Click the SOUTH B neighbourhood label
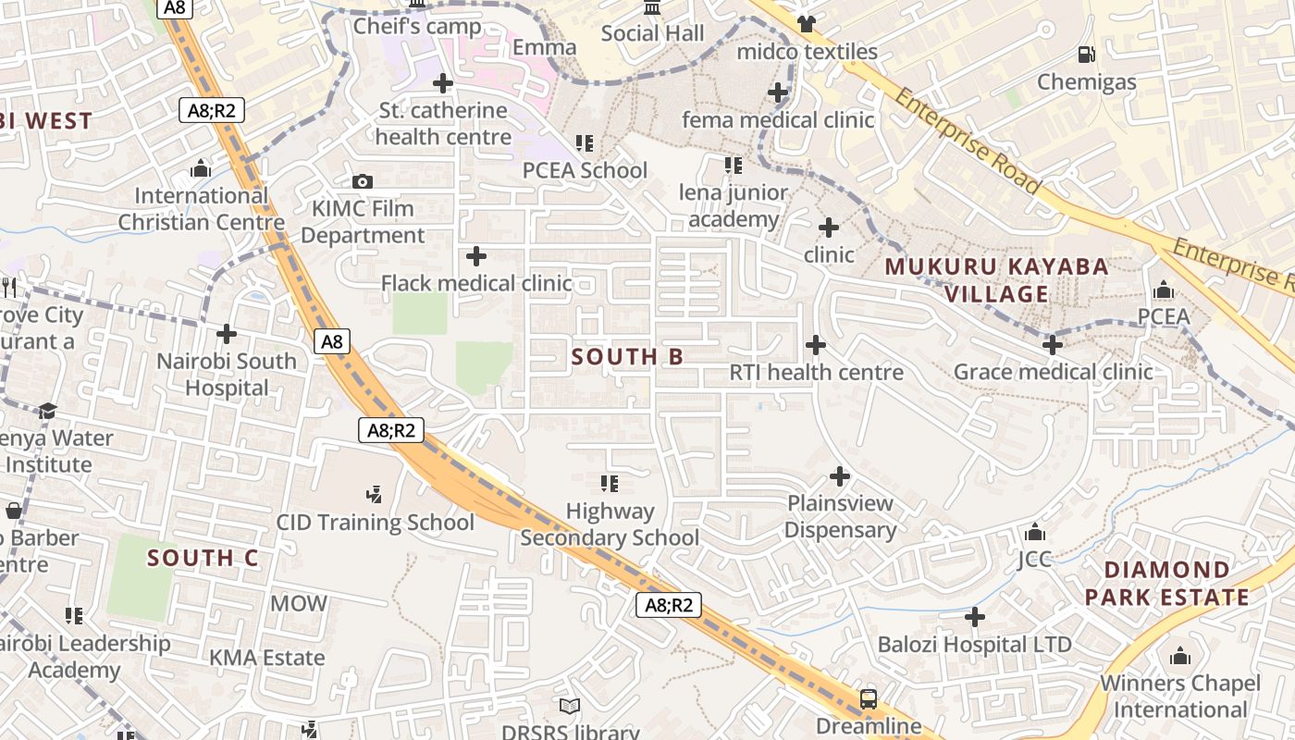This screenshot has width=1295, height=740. (627, 357)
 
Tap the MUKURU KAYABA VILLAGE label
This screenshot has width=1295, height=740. (996, 280)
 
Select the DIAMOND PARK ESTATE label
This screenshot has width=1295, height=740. (1167, 583)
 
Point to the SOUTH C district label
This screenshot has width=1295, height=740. (203, 558)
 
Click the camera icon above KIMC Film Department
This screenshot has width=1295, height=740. (363, 181)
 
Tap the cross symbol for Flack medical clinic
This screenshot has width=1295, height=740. (476, 255)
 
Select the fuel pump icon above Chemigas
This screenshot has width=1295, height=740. (1087, 55)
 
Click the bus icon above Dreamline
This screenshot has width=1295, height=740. (869, 698)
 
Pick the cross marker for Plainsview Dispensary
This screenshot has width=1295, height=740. (840, 476)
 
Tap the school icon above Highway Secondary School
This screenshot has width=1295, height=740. (610, 483)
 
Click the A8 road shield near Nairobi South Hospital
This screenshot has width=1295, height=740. (332, 341)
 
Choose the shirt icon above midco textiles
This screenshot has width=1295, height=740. (807, 24)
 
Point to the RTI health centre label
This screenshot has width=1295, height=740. (816, 372)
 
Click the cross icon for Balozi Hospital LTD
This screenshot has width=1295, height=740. (974, 616)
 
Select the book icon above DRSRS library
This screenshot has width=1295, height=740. (570, 706)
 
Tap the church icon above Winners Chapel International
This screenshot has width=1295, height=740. (1179, 657)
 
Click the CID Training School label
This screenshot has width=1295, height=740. (375, 523)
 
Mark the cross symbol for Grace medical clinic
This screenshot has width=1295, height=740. (1053, 345)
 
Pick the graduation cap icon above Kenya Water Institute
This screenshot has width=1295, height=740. (47, 411)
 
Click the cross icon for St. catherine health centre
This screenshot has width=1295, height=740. (443, 83)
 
